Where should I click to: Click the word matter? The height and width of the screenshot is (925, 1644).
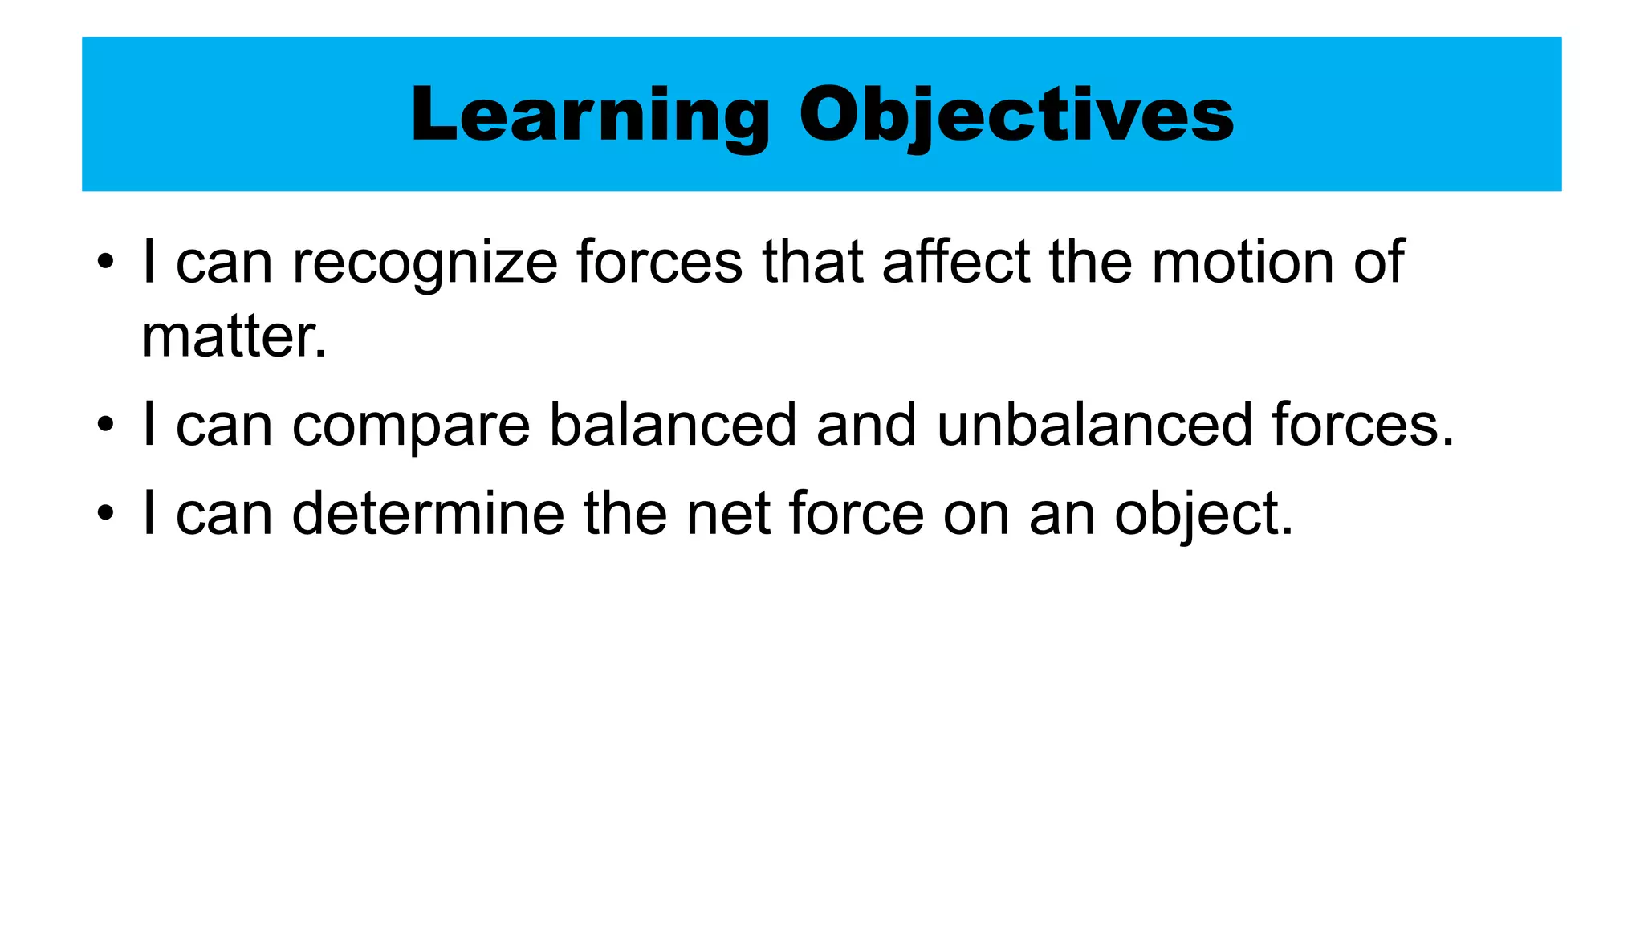pos(234,336)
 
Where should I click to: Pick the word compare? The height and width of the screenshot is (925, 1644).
pos(410,425)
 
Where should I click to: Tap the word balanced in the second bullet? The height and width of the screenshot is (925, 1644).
pos(673,425)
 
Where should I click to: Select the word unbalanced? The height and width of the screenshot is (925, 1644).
pos(1094,425)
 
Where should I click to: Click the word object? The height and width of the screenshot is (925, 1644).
pos(1203,514)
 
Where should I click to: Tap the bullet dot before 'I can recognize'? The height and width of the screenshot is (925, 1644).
pos(105,263)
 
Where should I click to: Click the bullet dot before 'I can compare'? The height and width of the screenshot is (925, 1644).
pos(105,426)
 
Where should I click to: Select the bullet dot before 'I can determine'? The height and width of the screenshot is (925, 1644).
pos(105,515)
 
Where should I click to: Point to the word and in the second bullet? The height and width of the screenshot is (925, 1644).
pos(866,425)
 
